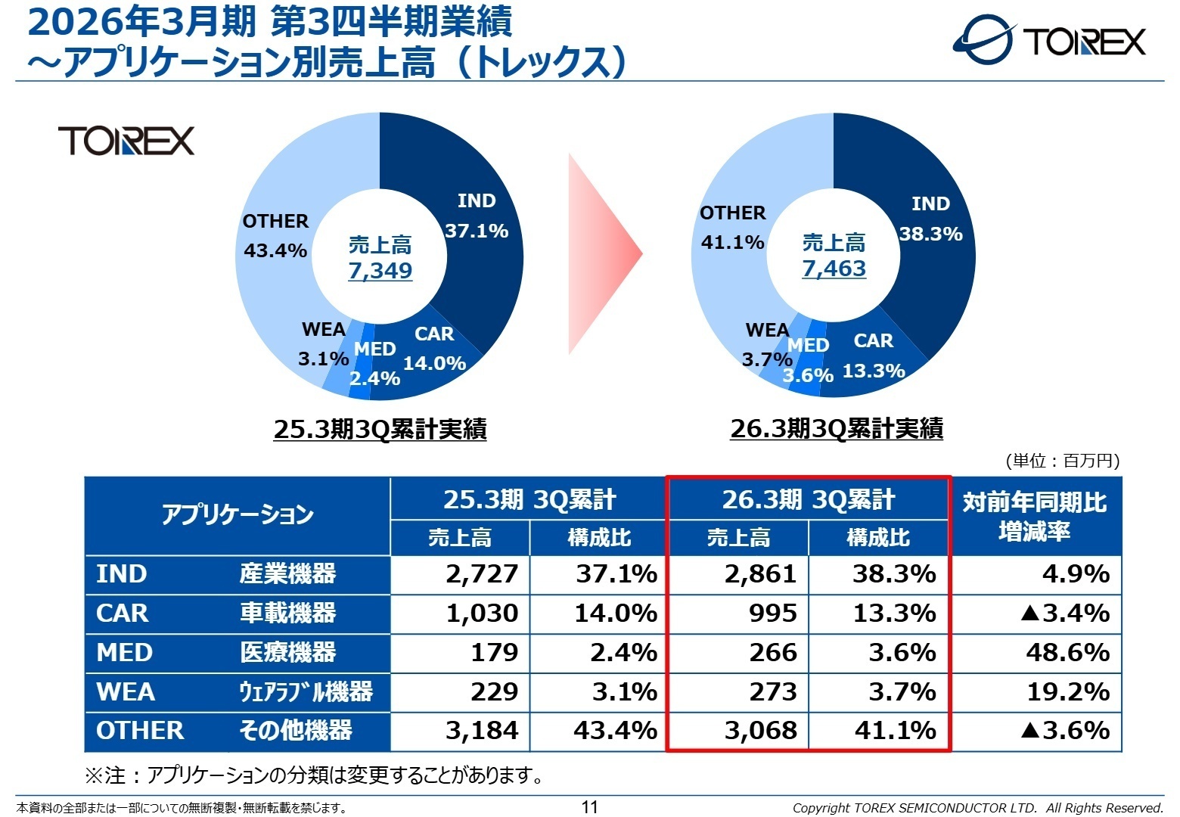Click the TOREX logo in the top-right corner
(1049, 40)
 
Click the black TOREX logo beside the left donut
(126, 141)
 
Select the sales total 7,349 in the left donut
(380, 270)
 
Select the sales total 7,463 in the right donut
(834, 269)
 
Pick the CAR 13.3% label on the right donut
(874, 356)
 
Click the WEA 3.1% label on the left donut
(323, 344)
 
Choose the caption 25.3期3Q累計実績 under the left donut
(380, 430)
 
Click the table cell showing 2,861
(760, 574)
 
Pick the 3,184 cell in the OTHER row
(482, 731)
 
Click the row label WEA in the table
(126, 691)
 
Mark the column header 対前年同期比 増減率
(1035, 517)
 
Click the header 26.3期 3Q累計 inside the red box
(808, 500)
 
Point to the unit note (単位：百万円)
(1062, 461)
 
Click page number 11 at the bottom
(590, 807)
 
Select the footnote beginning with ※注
(314, 775)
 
